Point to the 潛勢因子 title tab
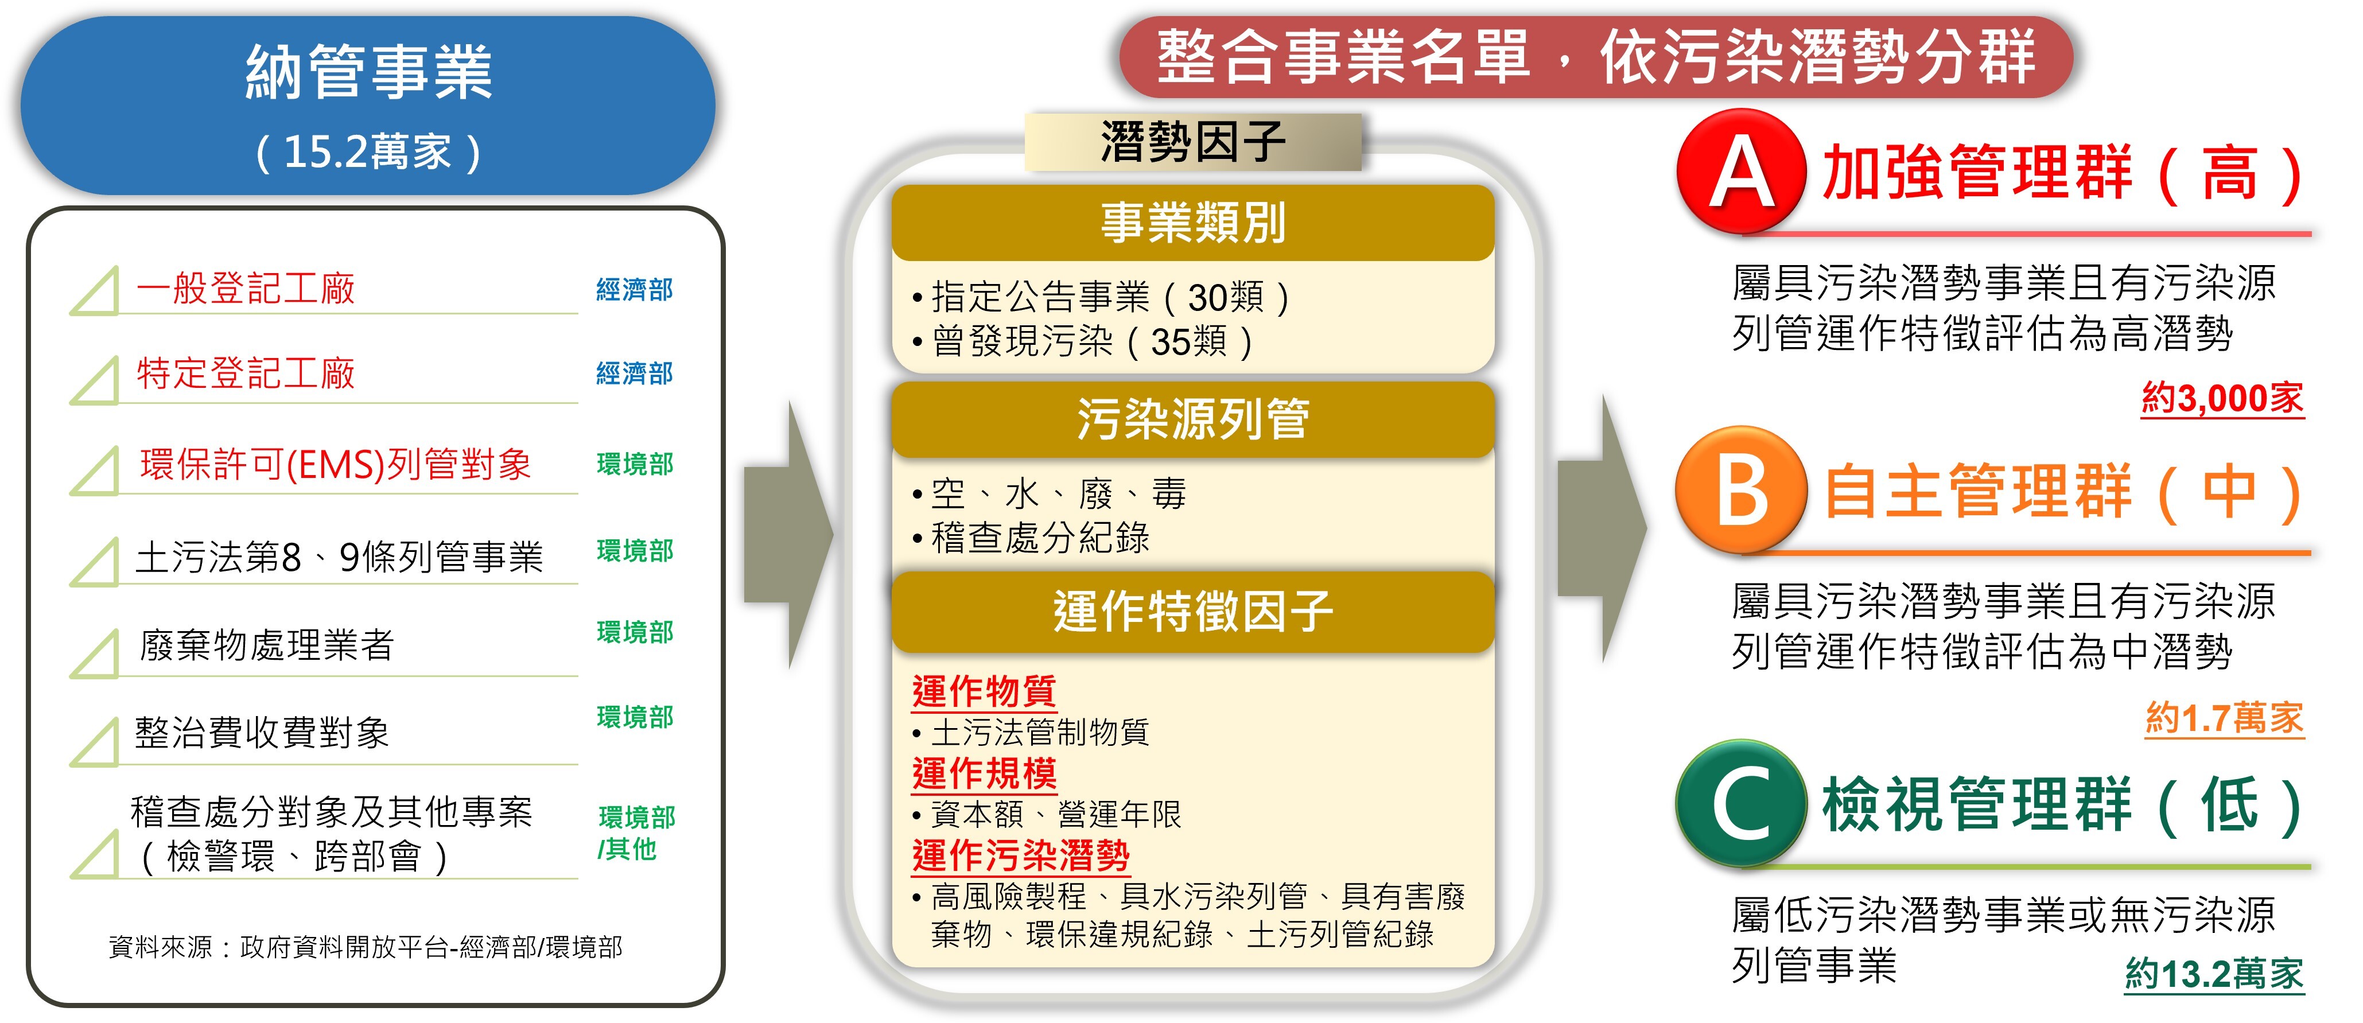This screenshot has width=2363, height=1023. click(1192, 142)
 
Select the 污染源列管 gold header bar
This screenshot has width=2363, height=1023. click(1192, 419)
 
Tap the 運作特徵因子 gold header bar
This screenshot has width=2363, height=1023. click(1192, 611)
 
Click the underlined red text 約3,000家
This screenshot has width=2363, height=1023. click(2222, 398)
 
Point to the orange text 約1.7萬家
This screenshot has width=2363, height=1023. click(2224, 717)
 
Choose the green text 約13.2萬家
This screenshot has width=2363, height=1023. click(2213, 973)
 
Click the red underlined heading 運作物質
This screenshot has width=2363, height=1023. click(984, 691)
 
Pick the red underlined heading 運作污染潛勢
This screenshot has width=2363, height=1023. click(1020, 855)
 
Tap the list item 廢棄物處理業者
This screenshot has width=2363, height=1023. click(266, 645)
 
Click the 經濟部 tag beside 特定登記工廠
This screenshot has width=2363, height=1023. click(634, 374)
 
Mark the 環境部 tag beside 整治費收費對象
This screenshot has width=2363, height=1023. click(635, 717)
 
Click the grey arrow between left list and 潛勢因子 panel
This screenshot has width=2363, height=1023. click(787, 535)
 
